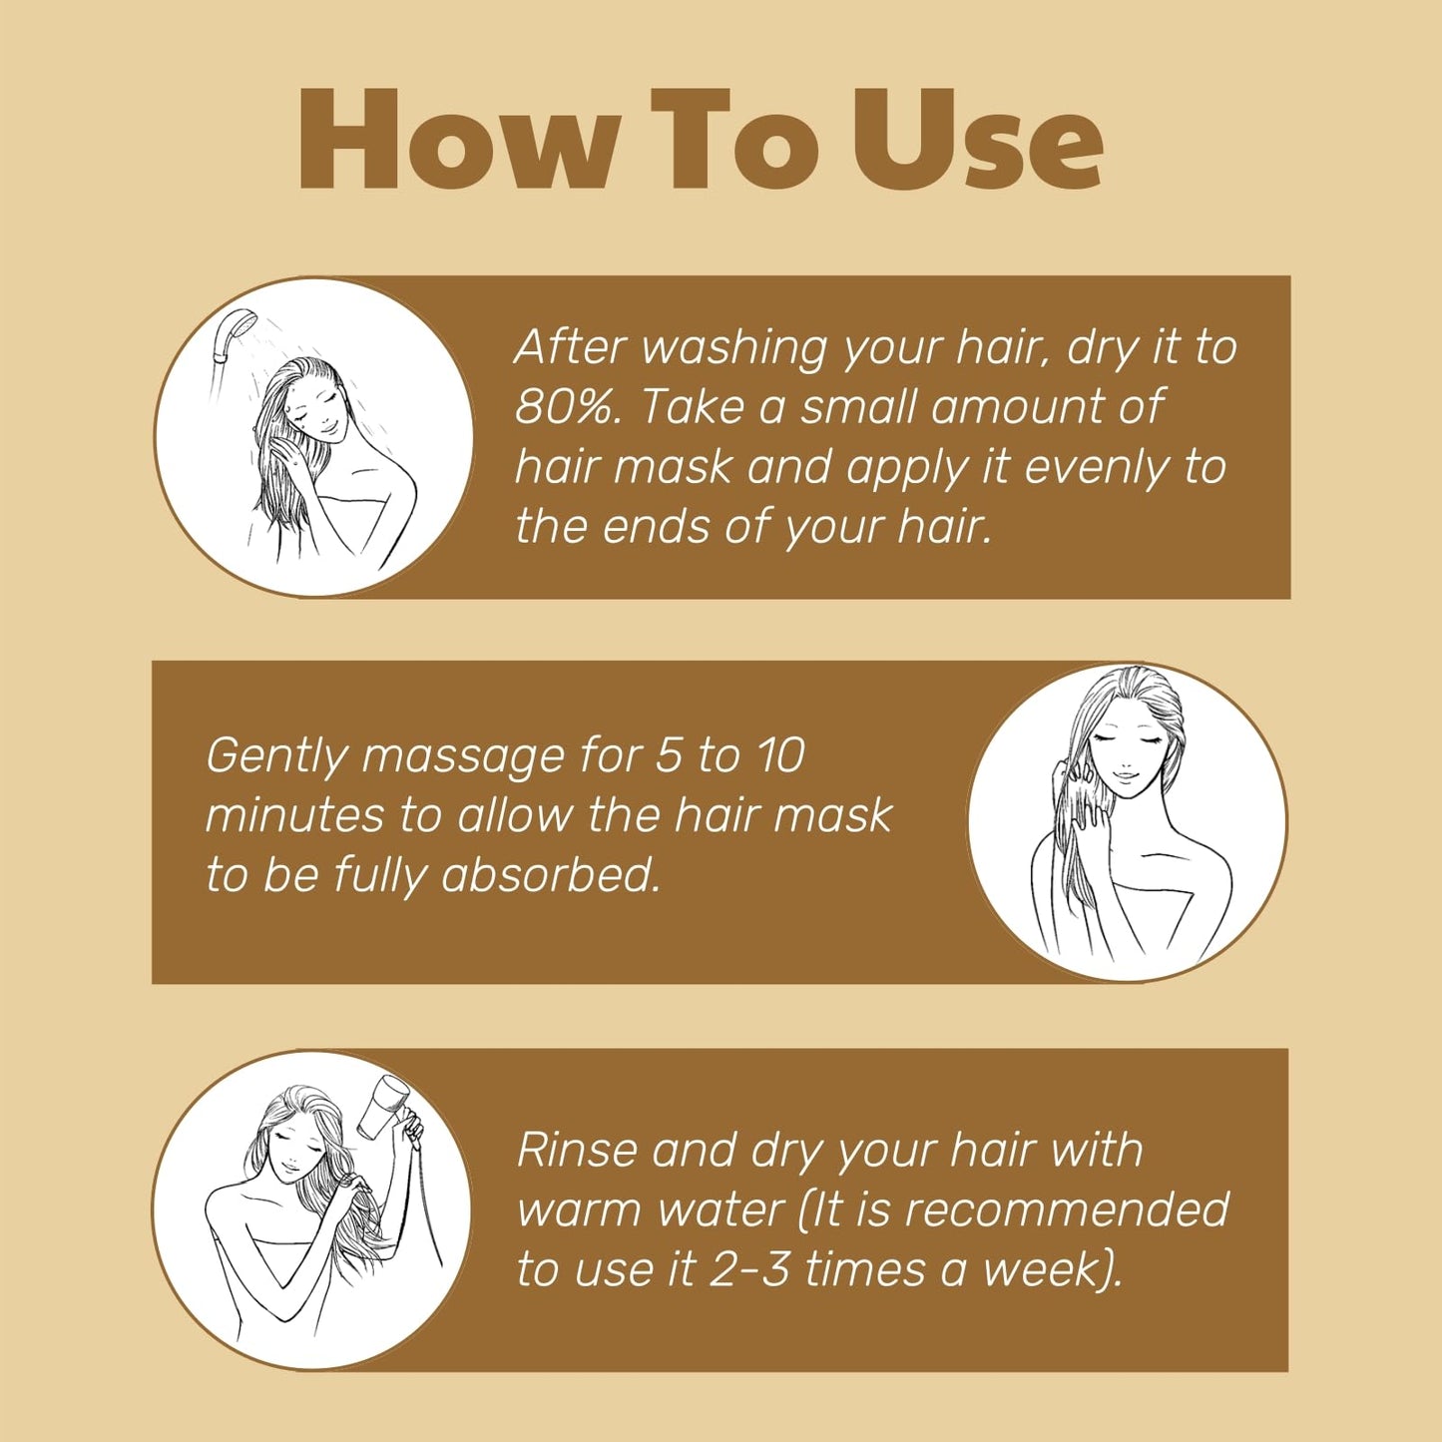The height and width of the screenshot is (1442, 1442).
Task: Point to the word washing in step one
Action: [734, 348]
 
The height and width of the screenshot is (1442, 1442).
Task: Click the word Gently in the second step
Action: [276, 757]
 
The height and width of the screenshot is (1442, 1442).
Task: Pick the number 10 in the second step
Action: [779, 755]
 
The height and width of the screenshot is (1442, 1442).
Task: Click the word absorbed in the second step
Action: [551, 875]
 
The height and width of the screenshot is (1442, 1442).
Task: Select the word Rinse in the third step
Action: [577, 1150]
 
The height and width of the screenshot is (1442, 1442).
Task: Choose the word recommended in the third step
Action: [1066, 1209]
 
